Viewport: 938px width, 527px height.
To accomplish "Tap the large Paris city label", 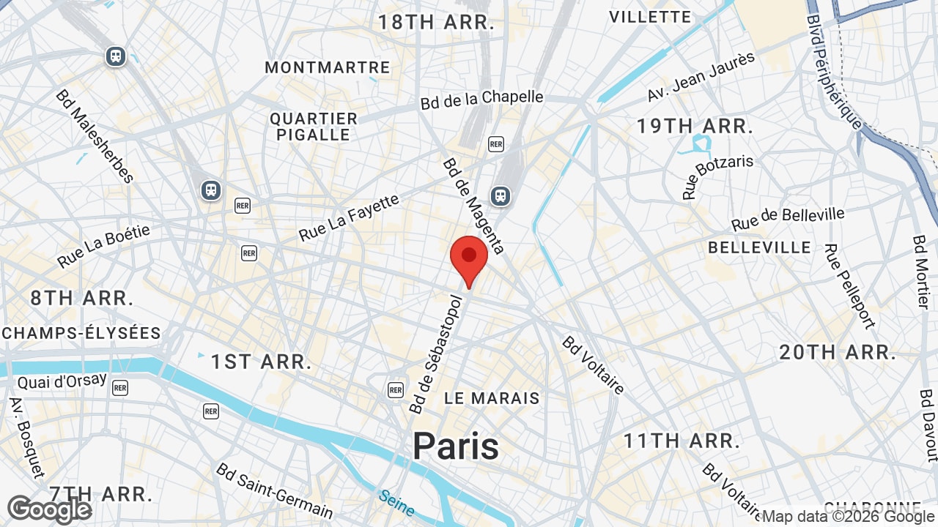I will point(455,446).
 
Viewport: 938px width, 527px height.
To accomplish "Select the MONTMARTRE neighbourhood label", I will point(327,67).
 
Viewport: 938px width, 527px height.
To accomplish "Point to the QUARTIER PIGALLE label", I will point(313,127).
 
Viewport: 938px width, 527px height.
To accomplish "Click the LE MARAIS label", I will point(492,398).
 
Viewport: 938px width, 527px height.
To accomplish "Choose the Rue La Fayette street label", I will point(349,217).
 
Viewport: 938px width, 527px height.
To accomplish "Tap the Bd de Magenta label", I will point(473,206).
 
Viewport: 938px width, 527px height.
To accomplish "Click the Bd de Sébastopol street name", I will point(437,354).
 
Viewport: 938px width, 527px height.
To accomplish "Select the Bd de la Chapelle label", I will point(481,100).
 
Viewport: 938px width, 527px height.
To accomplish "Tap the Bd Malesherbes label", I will point(95,136).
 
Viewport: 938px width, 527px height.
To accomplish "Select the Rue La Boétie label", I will point(103,246).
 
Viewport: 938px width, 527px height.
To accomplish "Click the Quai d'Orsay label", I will point(62,381).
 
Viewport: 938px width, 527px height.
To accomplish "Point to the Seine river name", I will point(396,503).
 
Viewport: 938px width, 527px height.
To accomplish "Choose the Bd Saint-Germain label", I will point(274,490).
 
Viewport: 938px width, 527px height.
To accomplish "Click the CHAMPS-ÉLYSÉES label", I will point(81,333).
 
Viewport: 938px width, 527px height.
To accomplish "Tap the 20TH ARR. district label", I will point(837,352).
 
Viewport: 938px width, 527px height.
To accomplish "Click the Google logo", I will point(49,509).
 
